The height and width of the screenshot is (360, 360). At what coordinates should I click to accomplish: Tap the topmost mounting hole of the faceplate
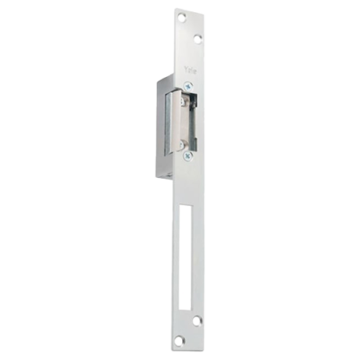pyautogui.click(x=181, y=17)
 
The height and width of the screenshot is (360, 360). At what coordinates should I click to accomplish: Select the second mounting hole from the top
pyautogui.click(x=198, y=38)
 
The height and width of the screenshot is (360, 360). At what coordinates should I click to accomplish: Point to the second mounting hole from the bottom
pyautogui.click(x=197, y=321)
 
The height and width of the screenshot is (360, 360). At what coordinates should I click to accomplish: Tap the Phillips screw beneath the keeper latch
pyautogui.click(x=188, y=156)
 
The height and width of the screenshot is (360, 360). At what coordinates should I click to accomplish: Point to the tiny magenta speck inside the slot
pyautogui.click(x=181, y=292)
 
